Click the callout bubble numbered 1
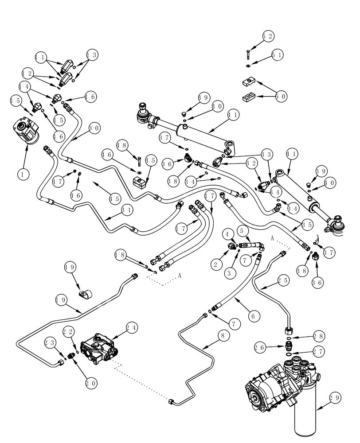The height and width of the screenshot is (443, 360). coord(21,174)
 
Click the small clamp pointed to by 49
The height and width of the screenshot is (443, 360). coord(86,293)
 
